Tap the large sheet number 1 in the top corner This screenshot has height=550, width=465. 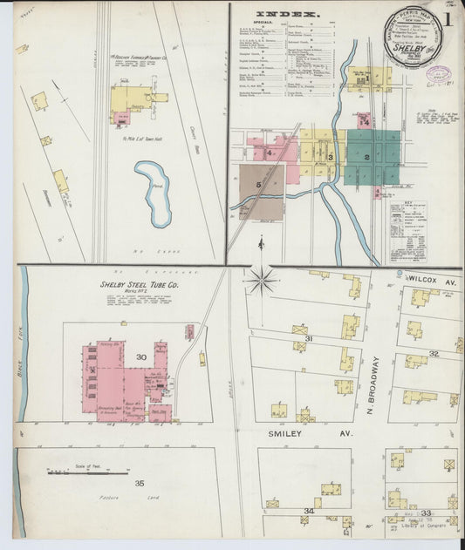pyautogui.click(x=448, y=18)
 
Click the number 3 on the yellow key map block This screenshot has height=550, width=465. pyautogui.click(x=330, y=157)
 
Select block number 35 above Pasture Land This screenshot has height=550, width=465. pyautogui.click(x=139, y=482)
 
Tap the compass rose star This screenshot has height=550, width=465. pyautogui.click(x=261, y=281)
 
